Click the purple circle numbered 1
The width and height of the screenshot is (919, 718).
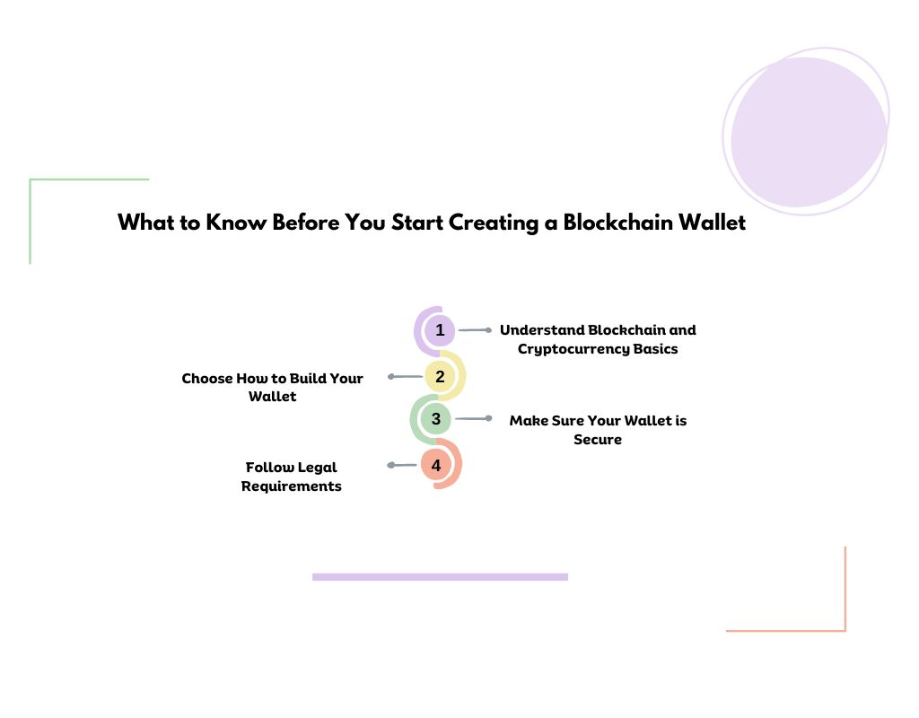click(440, 330)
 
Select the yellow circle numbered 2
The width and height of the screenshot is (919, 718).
click(440, 377)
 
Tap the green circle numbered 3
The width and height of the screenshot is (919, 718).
click(436, 418)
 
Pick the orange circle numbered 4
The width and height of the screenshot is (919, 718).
click(436, 465)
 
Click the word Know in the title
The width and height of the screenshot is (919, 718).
click(231, 223)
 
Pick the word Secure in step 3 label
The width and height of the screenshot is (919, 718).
click(598, 440)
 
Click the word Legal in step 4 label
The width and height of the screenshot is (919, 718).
click(317, 467)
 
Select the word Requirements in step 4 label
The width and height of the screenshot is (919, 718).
click(292, 486)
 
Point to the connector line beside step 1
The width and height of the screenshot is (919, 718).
click(475, 330)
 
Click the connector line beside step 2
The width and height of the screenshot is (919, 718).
click(406, 377)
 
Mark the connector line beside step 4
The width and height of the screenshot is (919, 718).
click(404, 465)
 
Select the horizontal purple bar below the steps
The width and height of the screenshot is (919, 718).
click(440, 577)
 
